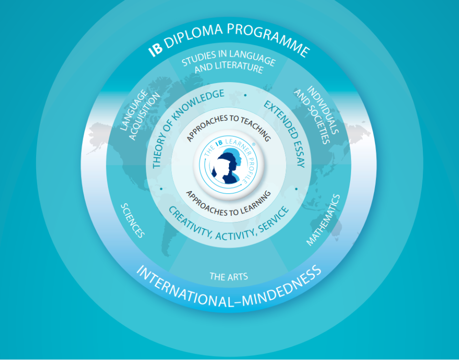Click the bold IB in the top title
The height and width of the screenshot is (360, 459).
tap(155, 49)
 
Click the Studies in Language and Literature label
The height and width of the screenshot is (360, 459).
tap(229, 62)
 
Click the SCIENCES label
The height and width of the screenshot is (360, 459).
tap(133, 220)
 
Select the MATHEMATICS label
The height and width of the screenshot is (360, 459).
tap(323, 220)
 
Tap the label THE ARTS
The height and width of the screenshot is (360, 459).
tap(229, 276)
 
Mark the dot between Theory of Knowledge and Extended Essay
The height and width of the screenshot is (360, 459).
tap(245, 95)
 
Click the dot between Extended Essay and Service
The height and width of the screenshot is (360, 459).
tap(296, 189)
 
